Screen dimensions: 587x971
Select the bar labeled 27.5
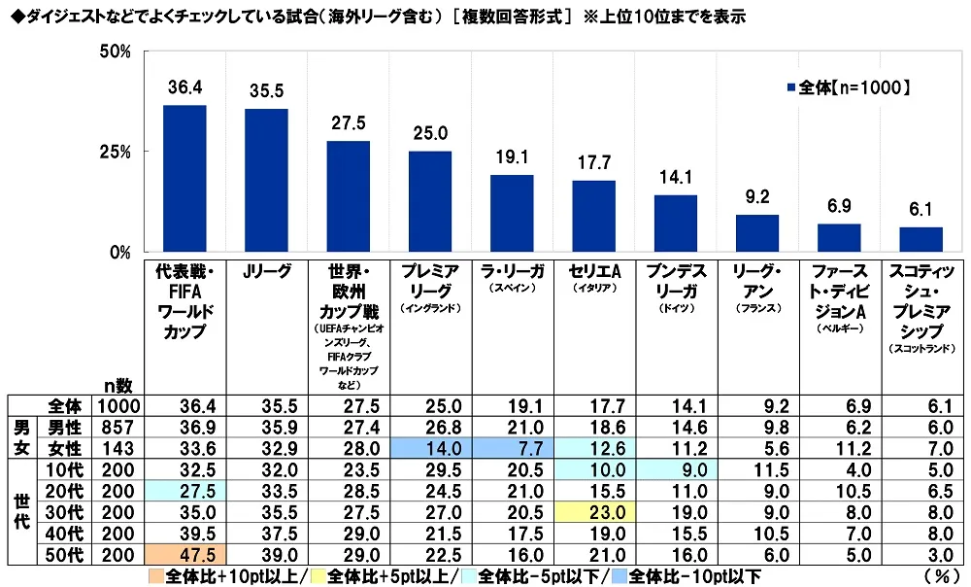(x=348, y=196)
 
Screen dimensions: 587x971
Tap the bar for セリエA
(x=593, y=216)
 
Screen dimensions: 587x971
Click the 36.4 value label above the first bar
(x=184, y=88)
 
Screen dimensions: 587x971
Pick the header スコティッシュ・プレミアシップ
(x=921, y=301)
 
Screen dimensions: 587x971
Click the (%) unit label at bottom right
(x=941, y=574)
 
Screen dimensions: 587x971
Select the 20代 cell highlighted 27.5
(x=184, y=492)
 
